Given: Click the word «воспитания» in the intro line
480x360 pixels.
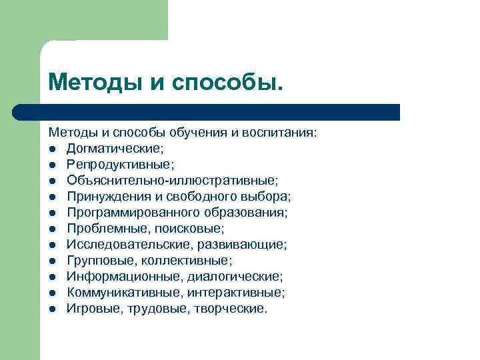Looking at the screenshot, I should (285, 132).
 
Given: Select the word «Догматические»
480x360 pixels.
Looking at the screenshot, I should (110, 148).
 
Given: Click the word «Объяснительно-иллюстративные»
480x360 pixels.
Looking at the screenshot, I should (172, 180).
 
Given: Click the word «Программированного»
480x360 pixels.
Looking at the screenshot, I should (128, 212).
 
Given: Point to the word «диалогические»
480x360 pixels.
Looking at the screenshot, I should (241, 276).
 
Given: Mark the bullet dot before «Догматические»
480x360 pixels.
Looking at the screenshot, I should (52, 149).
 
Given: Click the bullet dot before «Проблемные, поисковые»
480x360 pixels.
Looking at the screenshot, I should (52, 229).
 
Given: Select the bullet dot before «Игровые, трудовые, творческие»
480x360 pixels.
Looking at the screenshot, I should (52, 309).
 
